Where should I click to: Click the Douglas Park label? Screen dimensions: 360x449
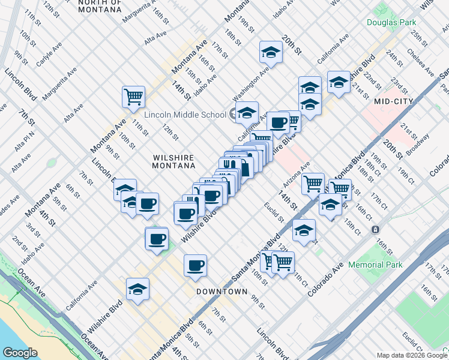pyautogui.click(x=391, y=22)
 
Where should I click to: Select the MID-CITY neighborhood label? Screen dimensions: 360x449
pyautogui.click(x=393, y=101)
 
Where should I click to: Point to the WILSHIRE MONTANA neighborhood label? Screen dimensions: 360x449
pyautogui.click(x=174, y=161)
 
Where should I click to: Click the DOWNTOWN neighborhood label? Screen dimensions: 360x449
pyautogui.click(x=222, y=292)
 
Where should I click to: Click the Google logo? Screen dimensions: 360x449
pyautogui.click(x=20, y=353)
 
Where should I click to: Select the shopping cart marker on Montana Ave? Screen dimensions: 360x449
pyautogui.click(x=133, y=95)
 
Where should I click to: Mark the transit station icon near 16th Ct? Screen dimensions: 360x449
pyautogui.click(x=375, y=229)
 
